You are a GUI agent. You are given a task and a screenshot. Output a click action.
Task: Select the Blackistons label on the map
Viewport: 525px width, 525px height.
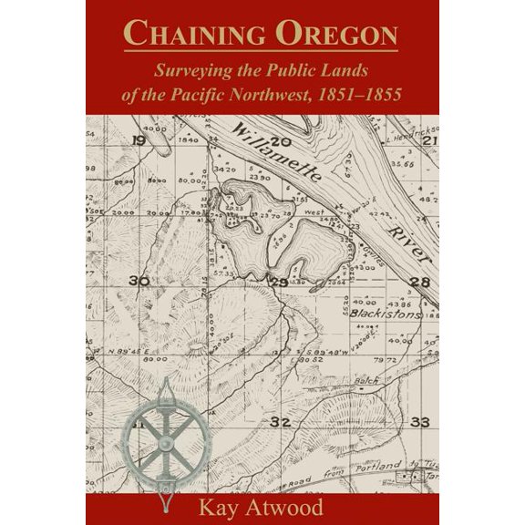(x=385, y=313)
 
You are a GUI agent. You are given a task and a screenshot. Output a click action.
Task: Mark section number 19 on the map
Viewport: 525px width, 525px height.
(x=139, y=140)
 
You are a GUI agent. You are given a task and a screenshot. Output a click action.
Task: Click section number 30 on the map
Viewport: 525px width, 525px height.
(x=139, y=281)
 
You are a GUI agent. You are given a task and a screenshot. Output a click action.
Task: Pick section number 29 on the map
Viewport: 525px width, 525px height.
(x=279, y=283)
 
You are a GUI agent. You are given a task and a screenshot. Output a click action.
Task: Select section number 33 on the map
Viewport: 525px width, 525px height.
(x=420, y=422)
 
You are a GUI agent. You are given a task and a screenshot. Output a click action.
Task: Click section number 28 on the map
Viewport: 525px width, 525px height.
(x=419, y=282)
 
